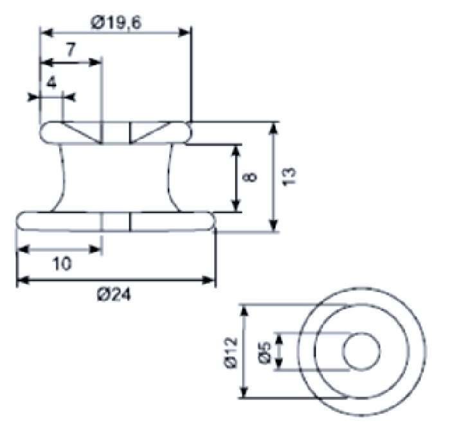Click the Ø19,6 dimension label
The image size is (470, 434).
[116, 22]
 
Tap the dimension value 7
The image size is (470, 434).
[71, 49]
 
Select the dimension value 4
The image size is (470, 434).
[51, 82]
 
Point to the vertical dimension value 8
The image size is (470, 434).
[252, 177]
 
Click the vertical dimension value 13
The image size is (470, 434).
[289, 177]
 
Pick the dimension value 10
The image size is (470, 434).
[62, 263]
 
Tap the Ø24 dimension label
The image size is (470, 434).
[114, 295]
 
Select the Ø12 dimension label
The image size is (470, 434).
[231, 352]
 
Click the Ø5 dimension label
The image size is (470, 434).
[264, 353]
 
